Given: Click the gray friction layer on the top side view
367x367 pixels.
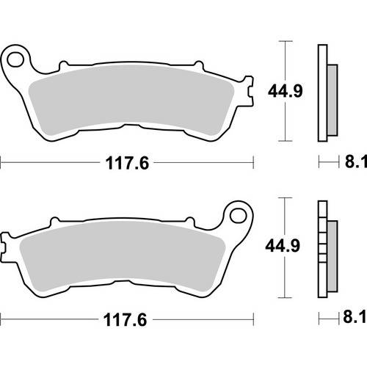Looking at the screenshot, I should tap(330, 94).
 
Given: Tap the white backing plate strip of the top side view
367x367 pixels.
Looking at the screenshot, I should tap(321, 92).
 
